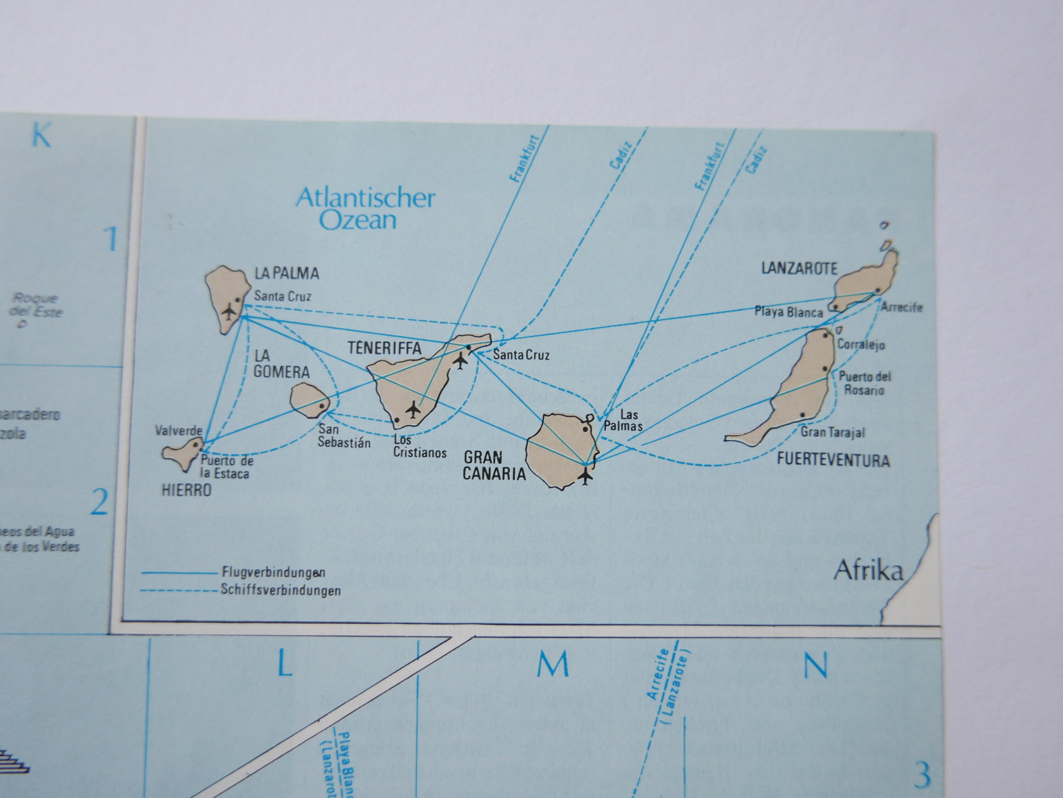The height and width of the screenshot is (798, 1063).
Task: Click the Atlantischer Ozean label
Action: click(365, 209)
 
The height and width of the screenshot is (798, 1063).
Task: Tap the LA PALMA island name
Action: click(286, 273)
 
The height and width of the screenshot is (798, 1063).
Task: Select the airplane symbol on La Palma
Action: click(229, 312)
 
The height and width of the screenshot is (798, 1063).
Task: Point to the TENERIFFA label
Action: click(384, 348)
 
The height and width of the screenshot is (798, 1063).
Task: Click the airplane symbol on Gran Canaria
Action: click(585, 476)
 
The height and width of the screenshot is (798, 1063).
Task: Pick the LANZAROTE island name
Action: click(799, 268)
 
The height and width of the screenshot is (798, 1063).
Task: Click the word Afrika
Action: click(868, 570)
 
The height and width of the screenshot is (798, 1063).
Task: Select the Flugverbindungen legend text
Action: click(274, 572)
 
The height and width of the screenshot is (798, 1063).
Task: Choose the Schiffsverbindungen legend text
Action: click(281, 590)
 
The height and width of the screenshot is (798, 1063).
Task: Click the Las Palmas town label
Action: click(623, 420)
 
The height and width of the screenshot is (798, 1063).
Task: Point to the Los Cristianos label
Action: click(420, 446)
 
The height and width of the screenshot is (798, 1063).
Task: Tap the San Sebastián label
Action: click(344, 436)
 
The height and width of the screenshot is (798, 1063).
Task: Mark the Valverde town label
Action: click(178, 430)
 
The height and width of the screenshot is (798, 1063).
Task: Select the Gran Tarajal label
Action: click(832, 432)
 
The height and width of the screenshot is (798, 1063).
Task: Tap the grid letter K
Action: click(41, 136)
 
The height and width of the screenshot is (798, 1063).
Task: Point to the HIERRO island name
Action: click(186, 490)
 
